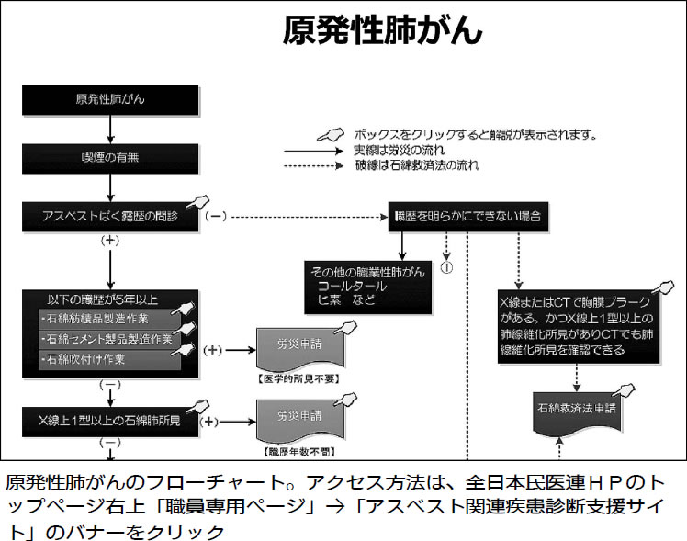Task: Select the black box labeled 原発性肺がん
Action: pyautogui.click(x=110, y=98)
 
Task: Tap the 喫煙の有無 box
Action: pyautogui.click(x=110, y=157)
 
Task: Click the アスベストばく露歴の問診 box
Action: pyautogui.click(x=110, y=218)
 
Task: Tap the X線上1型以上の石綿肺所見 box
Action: pyautogui.click(x=110, y=423)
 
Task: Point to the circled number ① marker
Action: pyautogui.click(x=447, y=269)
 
